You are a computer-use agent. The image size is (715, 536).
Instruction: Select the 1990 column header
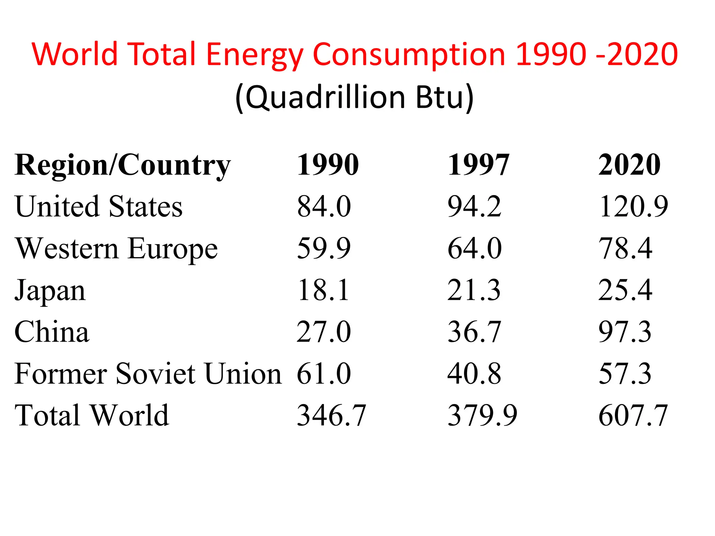327,165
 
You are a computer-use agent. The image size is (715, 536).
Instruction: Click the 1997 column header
478,165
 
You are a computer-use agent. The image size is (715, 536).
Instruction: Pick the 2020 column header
629,165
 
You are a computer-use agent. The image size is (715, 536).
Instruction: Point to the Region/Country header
123,165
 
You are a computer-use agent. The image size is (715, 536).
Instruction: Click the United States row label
98,207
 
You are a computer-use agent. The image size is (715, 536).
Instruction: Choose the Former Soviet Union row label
148,374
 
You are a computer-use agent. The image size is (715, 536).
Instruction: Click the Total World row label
92,415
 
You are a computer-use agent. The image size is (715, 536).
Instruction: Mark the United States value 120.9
633,207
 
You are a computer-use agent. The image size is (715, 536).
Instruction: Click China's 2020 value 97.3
625,332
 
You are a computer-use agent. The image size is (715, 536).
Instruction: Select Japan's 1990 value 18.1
323,290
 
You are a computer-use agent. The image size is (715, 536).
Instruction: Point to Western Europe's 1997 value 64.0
474,248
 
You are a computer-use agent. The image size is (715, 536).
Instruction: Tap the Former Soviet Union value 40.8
474,374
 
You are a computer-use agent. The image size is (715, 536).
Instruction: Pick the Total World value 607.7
633,415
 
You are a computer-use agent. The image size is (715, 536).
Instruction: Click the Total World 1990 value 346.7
331,415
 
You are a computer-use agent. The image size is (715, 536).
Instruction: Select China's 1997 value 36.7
474,332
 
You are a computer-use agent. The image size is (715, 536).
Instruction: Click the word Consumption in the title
409,55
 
